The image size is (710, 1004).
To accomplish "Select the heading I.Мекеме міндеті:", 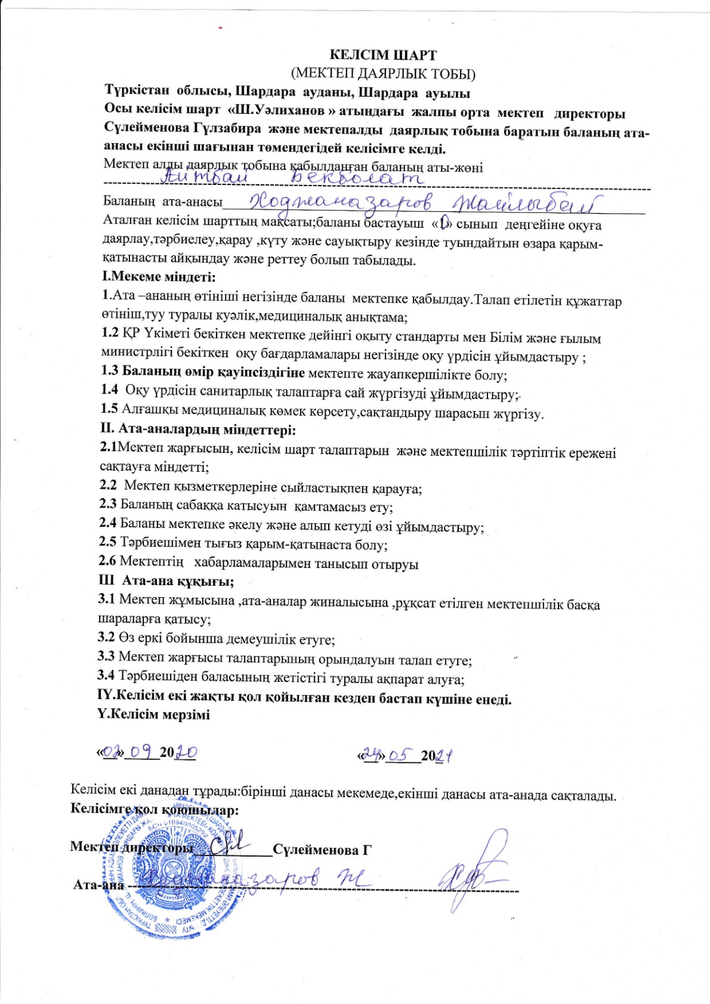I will tap(159, 277).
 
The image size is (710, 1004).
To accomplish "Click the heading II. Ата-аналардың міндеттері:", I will tap(197, 429).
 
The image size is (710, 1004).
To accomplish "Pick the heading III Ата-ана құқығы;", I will tap(166, 580).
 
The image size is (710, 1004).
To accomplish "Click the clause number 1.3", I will tap(110, 371).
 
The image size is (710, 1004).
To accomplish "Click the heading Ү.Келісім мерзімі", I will tap(153, 714).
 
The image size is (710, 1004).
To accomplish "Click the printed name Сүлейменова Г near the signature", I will tap(322, 850).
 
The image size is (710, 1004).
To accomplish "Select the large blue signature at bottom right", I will tap(471, 871).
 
